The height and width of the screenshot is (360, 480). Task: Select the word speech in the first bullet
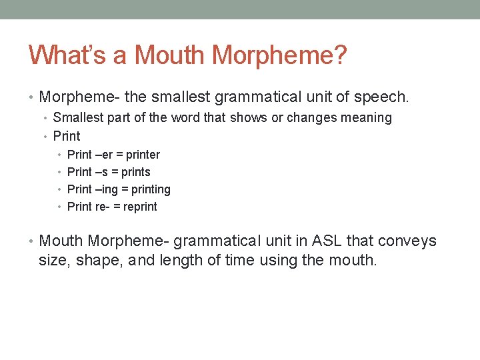(383, 97)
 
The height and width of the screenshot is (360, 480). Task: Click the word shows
(247, 118)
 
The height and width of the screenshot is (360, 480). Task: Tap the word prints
(136, 172)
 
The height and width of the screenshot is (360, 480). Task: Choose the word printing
(151, 190)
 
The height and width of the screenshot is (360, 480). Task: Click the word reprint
(140, 207)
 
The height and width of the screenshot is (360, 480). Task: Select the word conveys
(411, 241)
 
